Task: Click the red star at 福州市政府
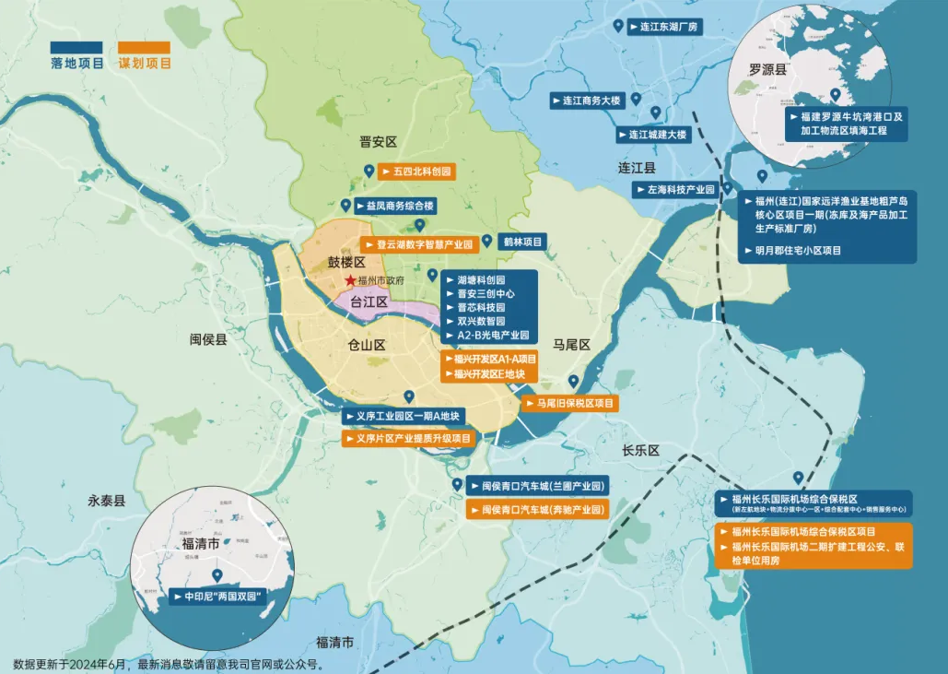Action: [350, 280]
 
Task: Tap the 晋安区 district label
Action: [378, 142]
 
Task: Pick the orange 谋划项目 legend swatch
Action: [145, 47]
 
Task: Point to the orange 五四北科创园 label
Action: [416, 171]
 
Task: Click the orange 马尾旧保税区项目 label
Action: [569, 404]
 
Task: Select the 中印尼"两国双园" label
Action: [222, 597]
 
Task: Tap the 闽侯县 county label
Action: [208, 339]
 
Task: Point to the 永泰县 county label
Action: [106, 501]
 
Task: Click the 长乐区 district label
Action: [641, 451]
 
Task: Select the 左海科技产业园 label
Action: [676, 189]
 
